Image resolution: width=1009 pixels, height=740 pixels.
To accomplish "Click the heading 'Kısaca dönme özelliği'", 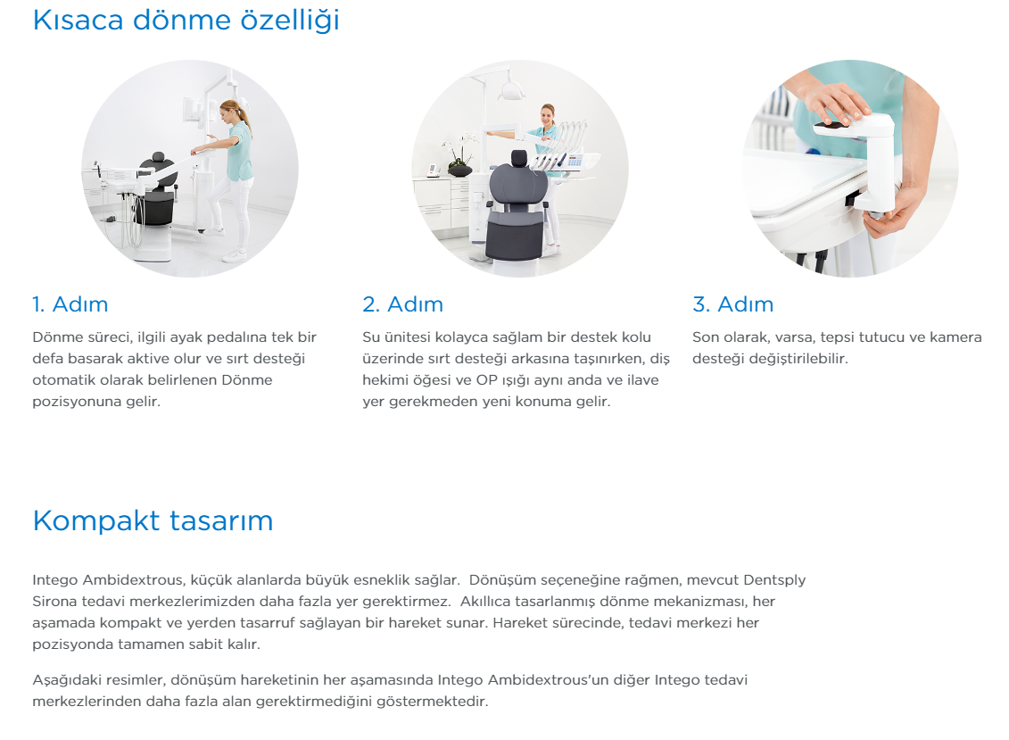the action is click(x=186, y=21).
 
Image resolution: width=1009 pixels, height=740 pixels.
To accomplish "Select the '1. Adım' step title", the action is click(x=70, y=304).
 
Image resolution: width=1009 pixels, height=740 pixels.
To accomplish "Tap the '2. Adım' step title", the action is click(x=403, y=304).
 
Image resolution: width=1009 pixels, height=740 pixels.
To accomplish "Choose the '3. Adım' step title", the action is click(x=733, y=304).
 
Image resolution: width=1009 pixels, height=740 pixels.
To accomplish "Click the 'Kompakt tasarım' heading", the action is click(x=153, y=520).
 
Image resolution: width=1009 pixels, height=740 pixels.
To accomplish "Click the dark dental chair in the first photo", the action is click(x=158, y=190).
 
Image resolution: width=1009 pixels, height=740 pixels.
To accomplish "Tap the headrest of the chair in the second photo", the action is click(x=518, y=158).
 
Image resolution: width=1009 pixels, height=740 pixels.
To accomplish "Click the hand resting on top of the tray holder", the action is click(x=832, y=101).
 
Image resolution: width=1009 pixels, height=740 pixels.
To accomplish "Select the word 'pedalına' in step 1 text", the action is click(x=242, y=337).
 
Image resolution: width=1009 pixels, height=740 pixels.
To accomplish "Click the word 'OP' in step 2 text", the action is click(x=486, y=380).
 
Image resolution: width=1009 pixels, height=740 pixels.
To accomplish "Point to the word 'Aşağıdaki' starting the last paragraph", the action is click(x=67, y=680).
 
